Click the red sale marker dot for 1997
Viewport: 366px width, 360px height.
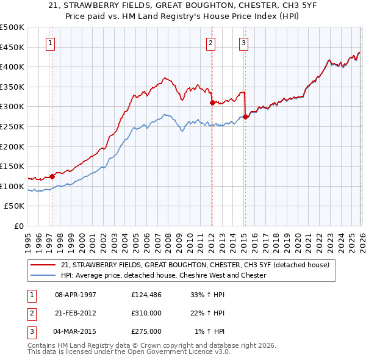(x=52, y=176)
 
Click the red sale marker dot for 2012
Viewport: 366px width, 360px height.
(x=212, y=103)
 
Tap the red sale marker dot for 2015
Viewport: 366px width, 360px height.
(x=245, y=117)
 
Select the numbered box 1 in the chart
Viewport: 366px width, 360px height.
(x=49, y=43)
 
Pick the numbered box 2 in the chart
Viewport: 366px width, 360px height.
(x=210, y=43)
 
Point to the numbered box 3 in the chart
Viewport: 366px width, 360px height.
(x=243, y=43)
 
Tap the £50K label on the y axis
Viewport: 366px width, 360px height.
(x=15, y=206)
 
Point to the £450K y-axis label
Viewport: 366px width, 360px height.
(x=12, y=47)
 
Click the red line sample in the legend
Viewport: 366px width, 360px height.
(x=43, y=265)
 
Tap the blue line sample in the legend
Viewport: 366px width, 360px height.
(x=43, y=275)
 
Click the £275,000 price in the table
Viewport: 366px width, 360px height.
(x=146, y=331)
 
